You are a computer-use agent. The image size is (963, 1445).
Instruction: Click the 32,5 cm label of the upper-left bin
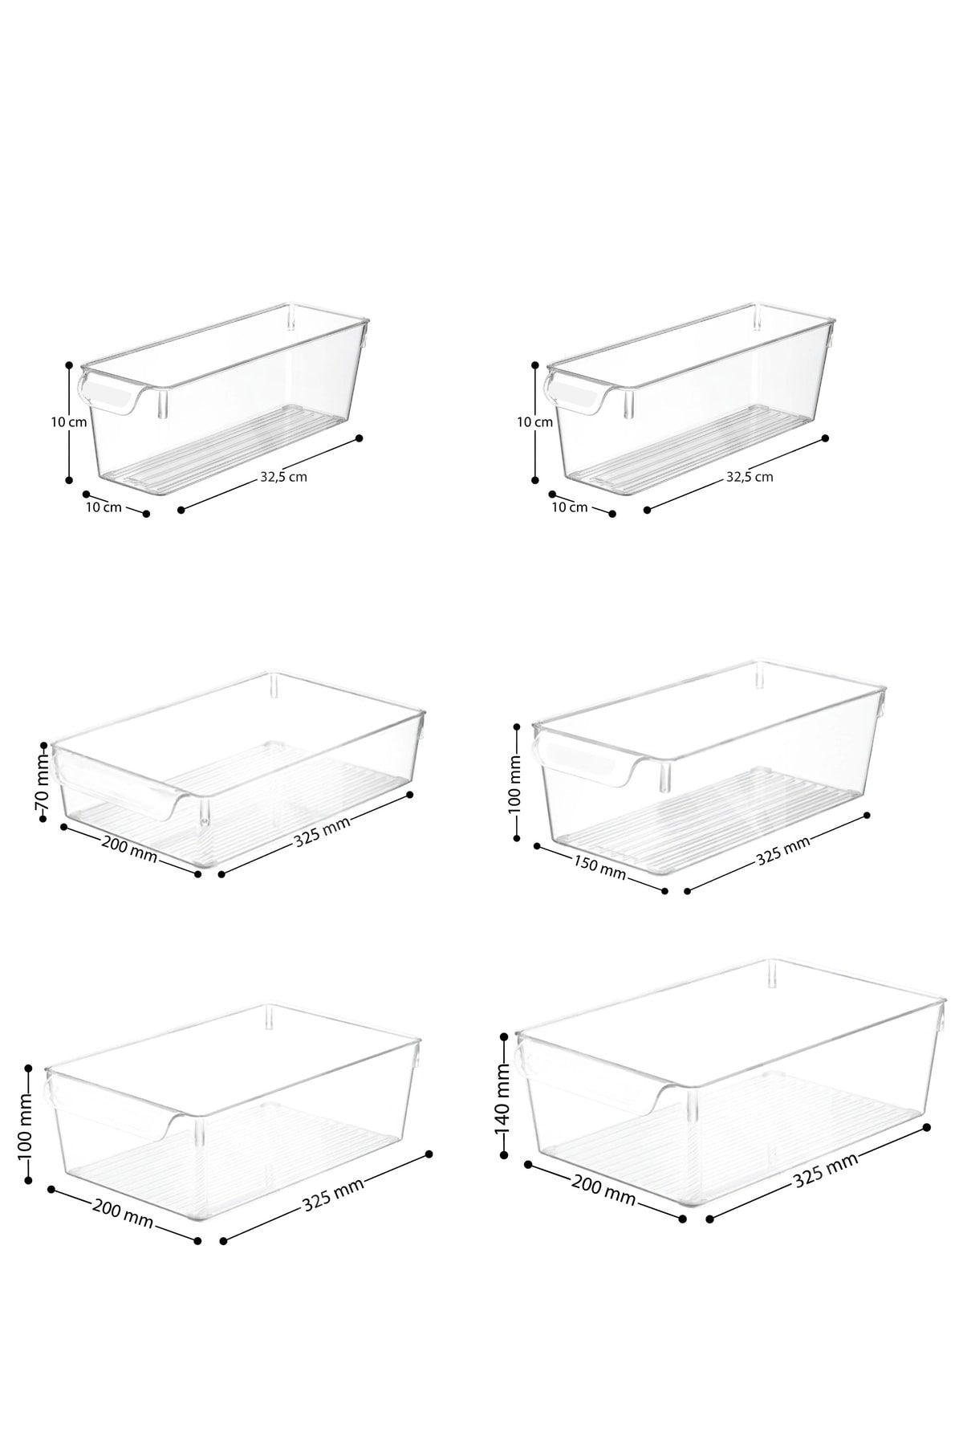pyautogui.click(x=283, y=476)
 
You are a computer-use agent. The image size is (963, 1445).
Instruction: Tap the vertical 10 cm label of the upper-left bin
pyautogui.click(x=78, y=421)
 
